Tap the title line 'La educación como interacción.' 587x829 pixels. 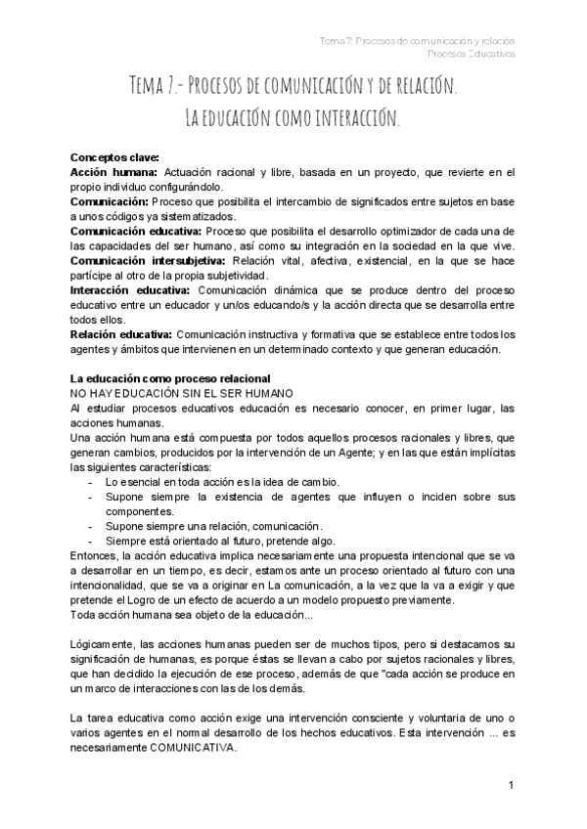(x=293, y=120)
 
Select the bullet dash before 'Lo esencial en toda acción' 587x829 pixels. (x=90, y=483)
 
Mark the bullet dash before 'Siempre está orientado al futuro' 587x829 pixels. (x=90, y=542)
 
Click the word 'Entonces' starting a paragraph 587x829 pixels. (x=95, y=556)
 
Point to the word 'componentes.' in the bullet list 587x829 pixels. (x=138, y=512)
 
